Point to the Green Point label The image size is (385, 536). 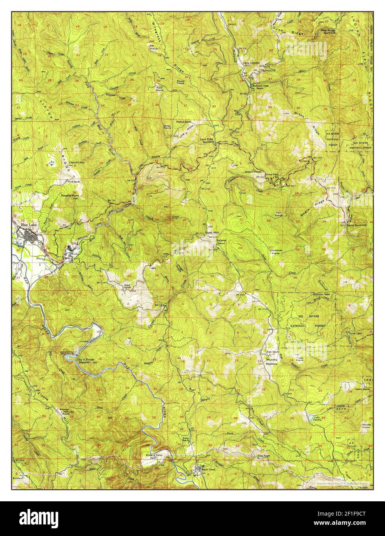pyautogui.click(x=252, y=171)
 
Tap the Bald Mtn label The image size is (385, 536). pyautogui.click(x=212, y=233)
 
